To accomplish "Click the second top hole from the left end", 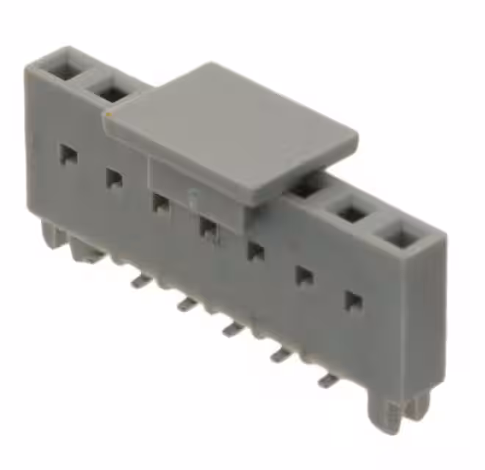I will tap(111, 93).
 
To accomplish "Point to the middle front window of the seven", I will tap(209, 227).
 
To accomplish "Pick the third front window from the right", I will tap(255, 251).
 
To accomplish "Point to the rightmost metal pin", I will tap(327, 380).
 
